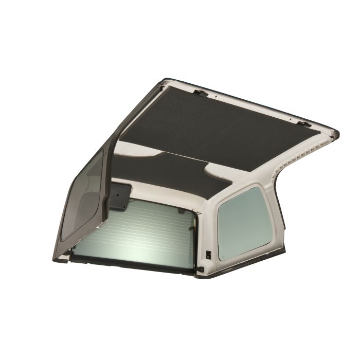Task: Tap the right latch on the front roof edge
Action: [303, 123]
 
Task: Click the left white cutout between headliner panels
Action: [136, 152]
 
